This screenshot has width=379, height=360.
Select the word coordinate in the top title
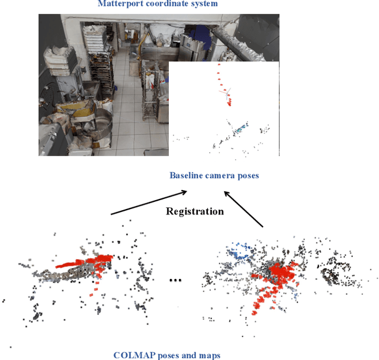point(167,4)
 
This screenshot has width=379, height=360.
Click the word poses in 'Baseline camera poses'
point(248,175)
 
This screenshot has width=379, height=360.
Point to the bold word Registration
point(195,211)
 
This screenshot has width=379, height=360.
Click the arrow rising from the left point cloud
point(148,202)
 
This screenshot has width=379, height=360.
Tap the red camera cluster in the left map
point(83,263)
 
